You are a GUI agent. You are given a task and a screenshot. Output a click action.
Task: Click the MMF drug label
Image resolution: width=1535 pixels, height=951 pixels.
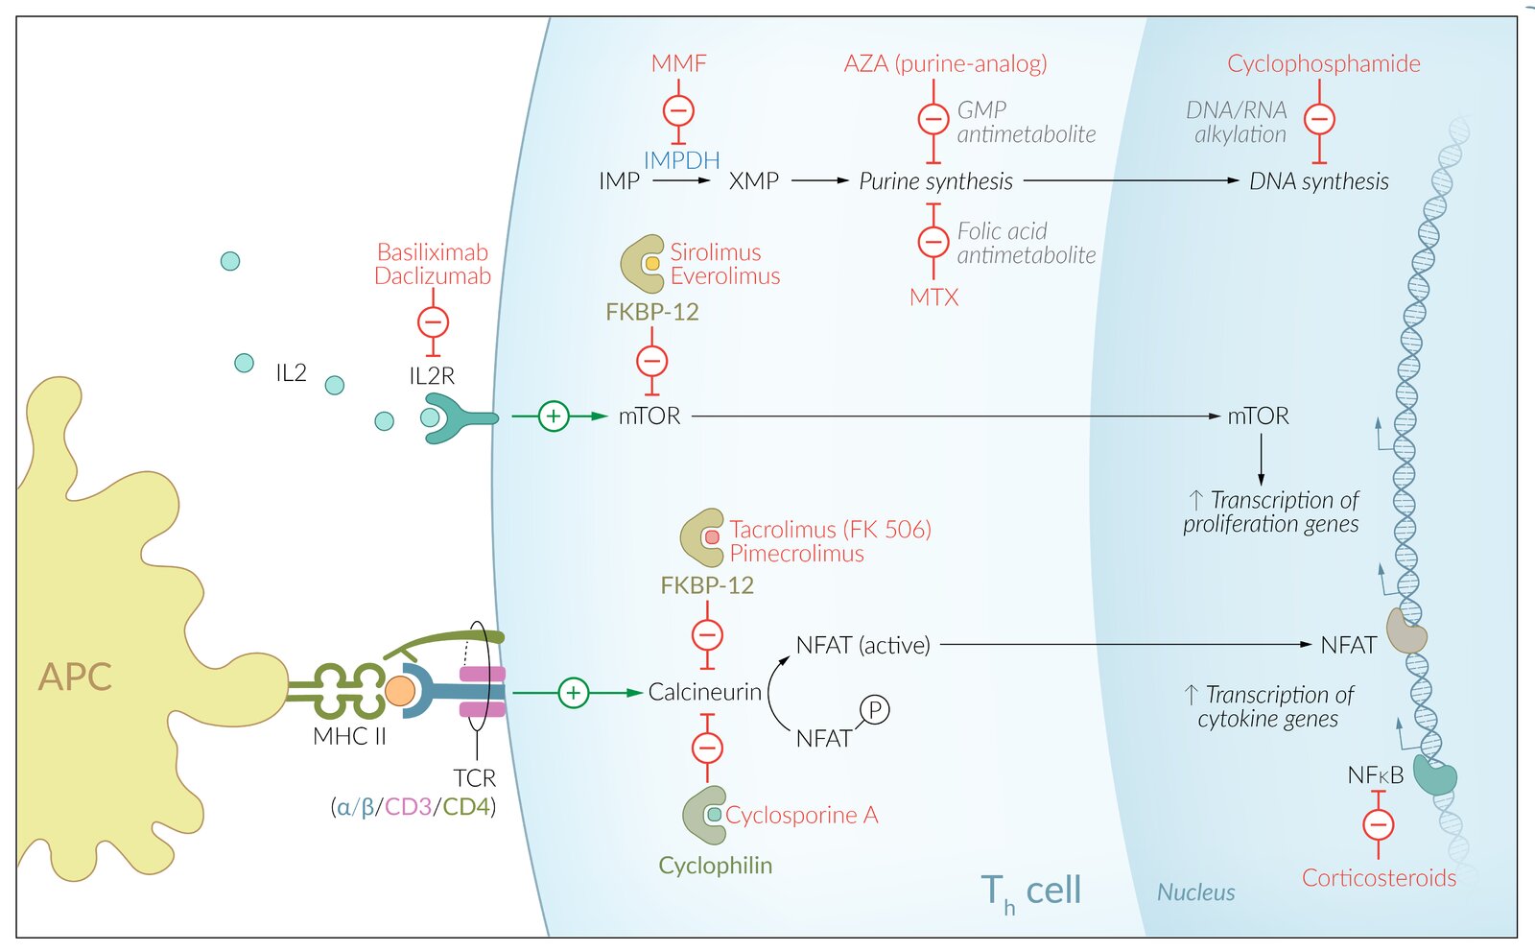click(678, 63)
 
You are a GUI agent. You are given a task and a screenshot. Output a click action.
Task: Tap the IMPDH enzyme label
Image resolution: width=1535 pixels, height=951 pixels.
click(681, 160)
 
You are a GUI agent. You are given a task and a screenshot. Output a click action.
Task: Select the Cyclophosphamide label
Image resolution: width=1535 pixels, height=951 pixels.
click(1323, 63)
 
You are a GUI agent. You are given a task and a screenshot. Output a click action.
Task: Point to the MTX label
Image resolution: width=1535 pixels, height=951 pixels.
click(933, 297)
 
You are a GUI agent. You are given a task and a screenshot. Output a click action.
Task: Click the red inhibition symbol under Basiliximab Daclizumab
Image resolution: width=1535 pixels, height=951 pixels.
click(433, 322)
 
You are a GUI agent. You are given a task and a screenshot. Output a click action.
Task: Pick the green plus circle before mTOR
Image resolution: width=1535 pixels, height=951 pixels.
click(554, 416)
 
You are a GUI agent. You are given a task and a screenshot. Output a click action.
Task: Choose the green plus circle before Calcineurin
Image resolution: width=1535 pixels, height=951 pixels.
click(574, 692)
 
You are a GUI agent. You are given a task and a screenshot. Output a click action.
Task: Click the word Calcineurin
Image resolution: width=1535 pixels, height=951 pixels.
click(704, 692)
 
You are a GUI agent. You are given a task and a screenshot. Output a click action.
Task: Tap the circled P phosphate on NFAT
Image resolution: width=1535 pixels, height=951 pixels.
click(874, 710)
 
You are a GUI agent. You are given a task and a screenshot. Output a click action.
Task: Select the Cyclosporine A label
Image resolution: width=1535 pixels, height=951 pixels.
click(801, 815)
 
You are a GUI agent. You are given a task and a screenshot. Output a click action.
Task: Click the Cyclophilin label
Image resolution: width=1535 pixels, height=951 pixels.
click(715, 866)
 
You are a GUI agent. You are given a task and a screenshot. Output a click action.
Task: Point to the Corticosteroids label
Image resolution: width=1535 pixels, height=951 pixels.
click(1379, 877)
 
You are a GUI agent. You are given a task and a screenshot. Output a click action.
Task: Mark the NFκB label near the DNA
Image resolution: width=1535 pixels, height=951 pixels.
click(1375, 775)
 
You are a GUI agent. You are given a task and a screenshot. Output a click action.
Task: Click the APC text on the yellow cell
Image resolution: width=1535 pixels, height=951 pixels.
click(75, 677)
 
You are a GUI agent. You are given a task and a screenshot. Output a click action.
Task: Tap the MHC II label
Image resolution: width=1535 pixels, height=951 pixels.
click(349, 736)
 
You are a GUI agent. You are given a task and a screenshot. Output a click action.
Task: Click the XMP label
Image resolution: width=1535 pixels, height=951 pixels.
click(753, 181)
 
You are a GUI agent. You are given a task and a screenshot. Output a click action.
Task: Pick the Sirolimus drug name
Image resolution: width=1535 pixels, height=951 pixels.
click(715, 252)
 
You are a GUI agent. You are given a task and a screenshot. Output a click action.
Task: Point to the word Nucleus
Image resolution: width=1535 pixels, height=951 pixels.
click(1195, 892)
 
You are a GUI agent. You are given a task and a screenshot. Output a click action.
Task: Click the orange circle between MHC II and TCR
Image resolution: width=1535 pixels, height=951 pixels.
click(400, 691)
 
